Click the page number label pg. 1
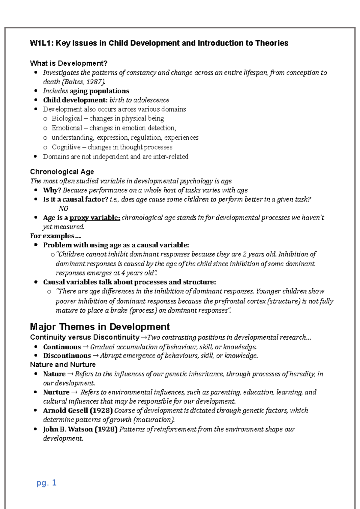[x=46, y=483]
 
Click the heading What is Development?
[x=69, y=63]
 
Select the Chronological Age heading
[x=62, y=172]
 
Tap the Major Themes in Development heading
[x=100, y=326]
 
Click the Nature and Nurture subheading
[x=63, y=365]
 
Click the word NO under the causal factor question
[x=63, y=208]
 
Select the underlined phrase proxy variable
[x=95, y=218]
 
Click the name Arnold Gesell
[x=65, y=410]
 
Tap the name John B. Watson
[x=68, y=429]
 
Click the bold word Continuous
[x=62, y=347]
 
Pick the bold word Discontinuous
[x=67, y=356]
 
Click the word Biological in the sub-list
[x=67, y=118]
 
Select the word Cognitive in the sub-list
[x=66, y=147]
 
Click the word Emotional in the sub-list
[x=67, y=128]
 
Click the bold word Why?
[x=52, y=190]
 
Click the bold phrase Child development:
[x=75, y=100]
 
